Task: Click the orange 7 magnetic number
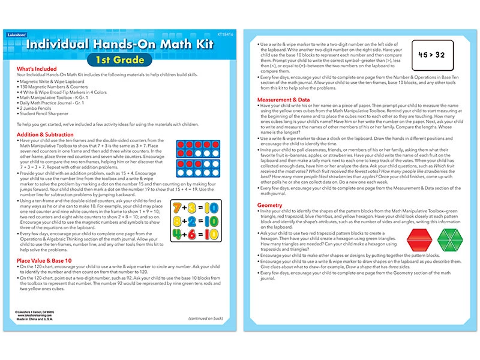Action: (x=178, y=208)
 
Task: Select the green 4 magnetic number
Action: (x=178, y=235)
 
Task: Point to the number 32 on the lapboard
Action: (x=440, y=55)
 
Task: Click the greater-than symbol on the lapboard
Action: (x=432, y=55)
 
